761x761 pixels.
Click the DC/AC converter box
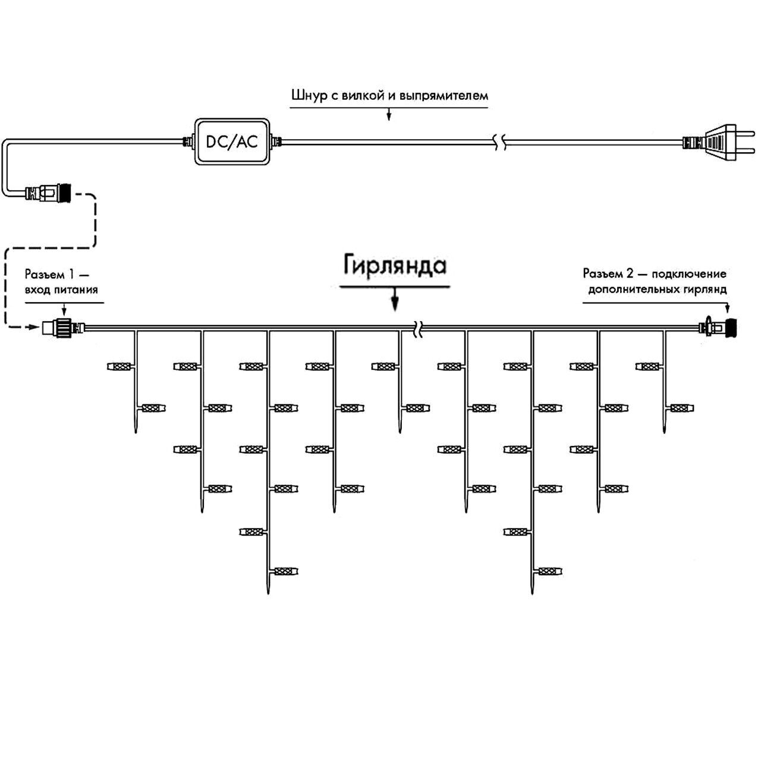pos(232,141)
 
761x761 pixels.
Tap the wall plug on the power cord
pos(719,143)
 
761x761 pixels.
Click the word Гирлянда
pos(395,265)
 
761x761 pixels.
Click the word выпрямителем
pos(444,96)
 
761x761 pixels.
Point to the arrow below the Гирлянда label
pos(395,298)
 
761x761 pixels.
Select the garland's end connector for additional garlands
pos(718,327)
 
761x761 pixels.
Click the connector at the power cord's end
pos(48,193)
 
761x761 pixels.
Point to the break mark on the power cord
pos(499,142)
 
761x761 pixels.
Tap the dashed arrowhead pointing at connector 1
pos(33,327)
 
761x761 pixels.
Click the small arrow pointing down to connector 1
pos(64,310)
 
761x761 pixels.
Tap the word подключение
pos(689,273)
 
